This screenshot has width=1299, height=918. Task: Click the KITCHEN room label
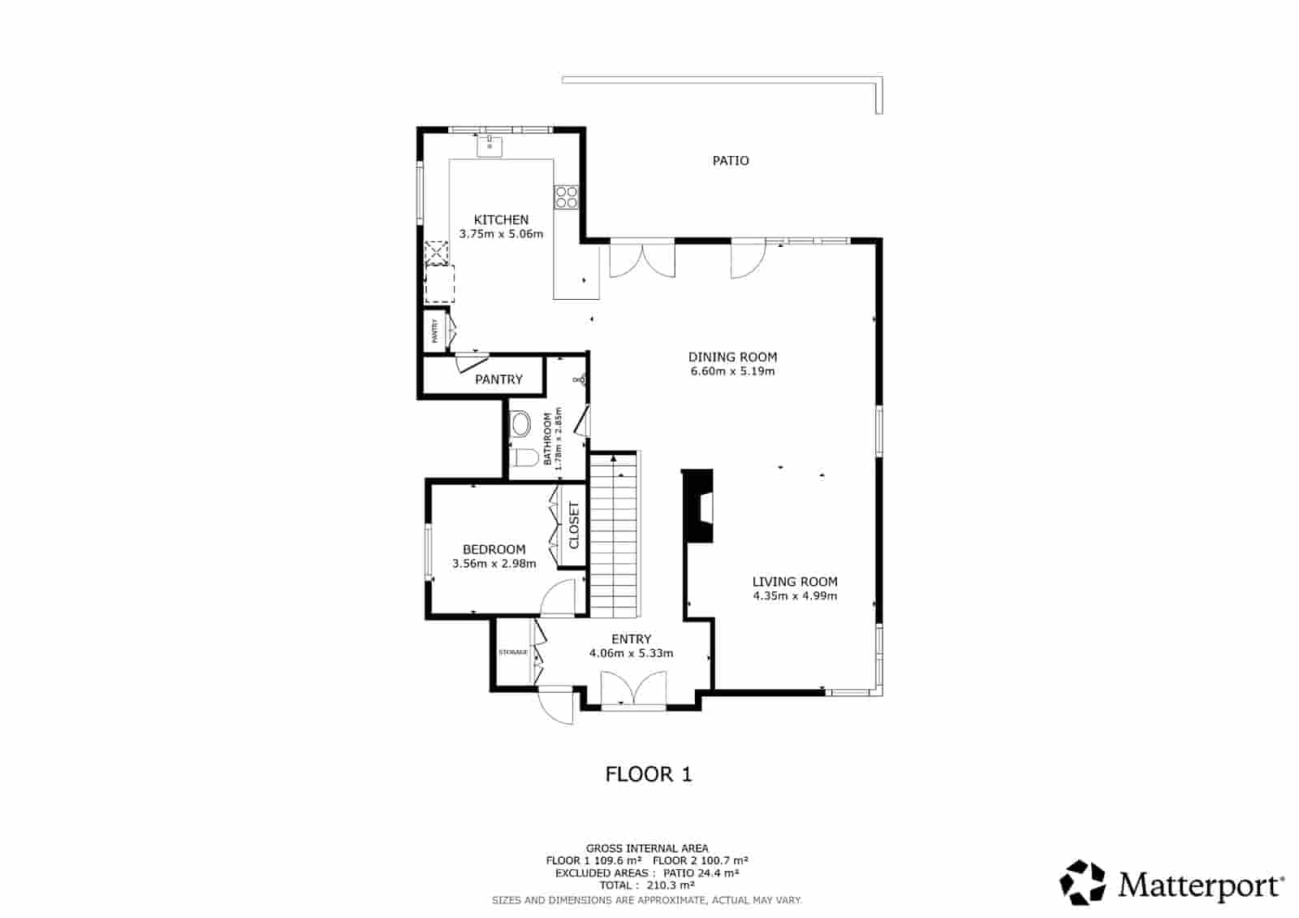(x=501, y=219)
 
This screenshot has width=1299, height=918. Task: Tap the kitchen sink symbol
(x=490, y=146)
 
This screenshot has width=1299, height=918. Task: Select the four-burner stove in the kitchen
(x=566, y=197)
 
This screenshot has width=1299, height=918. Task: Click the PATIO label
(x=731, y=161)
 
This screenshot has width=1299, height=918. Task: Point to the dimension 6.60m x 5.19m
(x=732, y=371)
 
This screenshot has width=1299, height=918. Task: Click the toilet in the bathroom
(x=525, y=458)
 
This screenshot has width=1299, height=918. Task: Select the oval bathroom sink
(x=520, y=423)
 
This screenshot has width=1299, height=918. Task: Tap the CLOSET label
(x=574, y=525)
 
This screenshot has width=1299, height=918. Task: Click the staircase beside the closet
(x=615, y=536)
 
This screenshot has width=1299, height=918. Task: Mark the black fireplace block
(x=697, y=505)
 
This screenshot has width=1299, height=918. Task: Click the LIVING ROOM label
(x=795, y=582)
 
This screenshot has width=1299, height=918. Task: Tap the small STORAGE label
(x=513, y=652)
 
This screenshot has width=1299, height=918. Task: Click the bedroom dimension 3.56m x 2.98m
(x=494, y=564)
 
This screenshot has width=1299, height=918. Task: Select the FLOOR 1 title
(x=649, y=774)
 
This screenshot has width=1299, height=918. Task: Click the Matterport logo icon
(x=1083, y=882)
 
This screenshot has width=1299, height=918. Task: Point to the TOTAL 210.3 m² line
(x=647, y=886)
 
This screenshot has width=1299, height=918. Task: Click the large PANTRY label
(x=498, y=379)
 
